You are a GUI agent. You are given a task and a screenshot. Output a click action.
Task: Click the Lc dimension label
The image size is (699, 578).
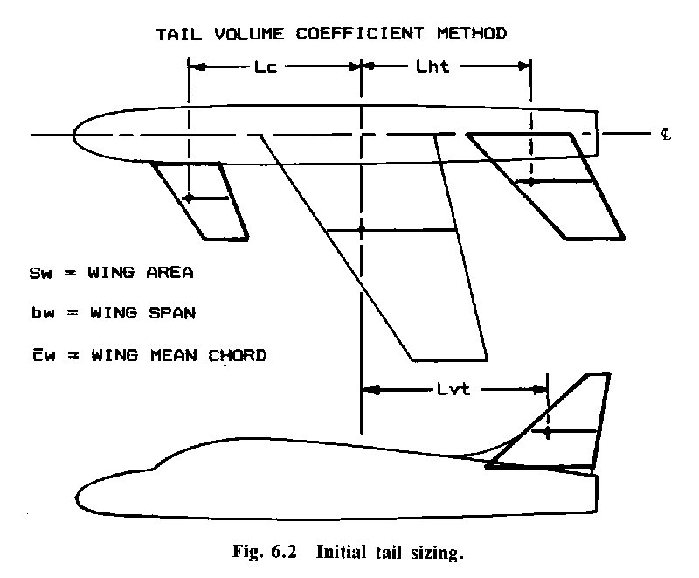[x=266, y=67]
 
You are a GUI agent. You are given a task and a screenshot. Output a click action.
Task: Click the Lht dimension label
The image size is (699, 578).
[x=432, y=66]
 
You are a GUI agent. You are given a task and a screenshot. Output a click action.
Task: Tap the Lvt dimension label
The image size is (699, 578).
[x=453, y=389]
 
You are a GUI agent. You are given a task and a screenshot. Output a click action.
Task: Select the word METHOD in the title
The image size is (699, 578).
[x=472, y=33]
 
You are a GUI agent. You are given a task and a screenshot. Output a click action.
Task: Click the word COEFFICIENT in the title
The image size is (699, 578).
[x=360, y=33]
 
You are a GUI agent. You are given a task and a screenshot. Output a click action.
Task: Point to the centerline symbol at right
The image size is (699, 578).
[x=666, y=134]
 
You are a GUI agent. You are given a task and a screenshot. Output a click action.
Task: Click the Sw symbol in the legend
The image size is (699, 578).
[x=40, y=273]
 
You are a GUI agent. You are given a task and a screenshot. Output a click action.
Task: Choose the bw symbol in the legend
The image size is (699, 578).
[x=43, y=313]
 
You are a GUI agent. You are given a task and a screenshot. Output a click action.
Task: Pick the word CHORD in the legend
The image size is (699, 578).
[x=237, y=355]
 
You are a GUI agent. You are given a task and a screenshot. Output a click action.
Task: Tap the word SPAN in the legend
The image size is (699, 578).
[x=172, y=313]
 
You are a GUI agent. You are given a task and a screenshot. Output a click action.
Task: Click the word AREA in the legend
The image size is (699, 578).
[x=170, y=273]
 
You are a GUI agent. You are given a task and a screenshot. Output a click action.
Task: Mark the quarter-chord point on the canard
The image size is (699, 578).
[x=189, y=198]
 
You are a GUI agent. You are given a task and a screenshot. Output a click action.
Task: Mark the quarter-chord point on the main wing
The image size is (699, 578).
[x=362, y=230]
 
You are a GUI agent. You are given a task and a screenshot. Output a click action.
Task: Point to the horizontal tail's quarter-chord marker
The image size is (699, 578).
[x=531, y=182]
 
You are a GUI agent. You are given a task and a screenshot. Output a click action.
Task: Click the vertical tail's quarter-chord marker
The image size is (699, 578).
[x=548, y=432]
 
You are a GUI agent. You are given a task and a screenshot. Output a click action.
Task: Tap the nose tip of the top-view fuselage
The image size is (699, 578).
[x=73, y=135]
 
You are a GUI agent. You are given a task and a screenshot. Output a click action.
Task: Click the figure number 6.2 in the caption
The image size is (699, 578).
[x=284, y=552]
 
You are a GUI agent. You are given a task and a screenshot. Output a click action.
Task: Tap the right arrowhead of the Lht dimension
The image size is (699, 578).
[x=523, y=66]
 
